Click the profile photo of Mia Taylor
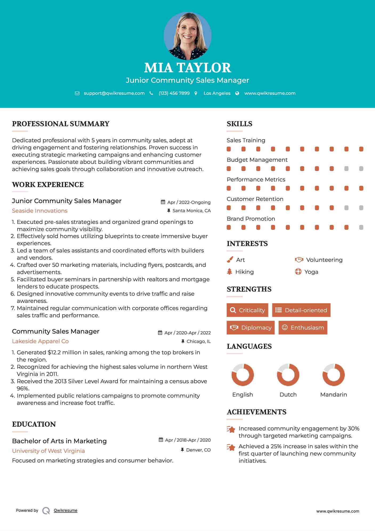click(x=187, y=36)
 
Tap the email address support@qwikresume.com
click(x=114, y=93)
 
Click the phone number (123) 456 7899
click(x=174, y=93)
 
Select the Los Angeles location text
click(x=217, y=93)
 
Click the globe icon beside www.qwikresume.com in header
click(x=237, y=93)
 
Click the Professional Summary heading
click(x=61, y=124)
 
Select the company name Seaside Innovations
click(x=40, y=211)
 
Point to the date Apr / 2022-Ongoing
click(x=189, y=202)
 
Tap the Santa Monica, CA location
click(x=191, y=211)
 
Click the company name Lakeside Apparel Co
click(x=40, y=341)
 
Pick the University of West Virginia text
click(x=48, y=451)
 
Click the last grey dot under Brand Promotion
click(x=361, y=227)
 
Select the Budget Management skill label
click(x=257, y=160)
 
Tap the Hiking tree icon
click(x=229, y=272)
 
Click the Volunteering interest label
click(x=324, y=260)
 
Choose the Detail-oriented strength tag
click(x=301, y=310)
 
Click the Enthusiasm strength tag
click(x=303, y=328)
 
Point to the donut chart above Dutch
click(x=288, y=375)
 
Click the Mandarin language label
click(x=333, y=395)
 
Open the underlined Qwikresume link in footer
click(x=66, y=510)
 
